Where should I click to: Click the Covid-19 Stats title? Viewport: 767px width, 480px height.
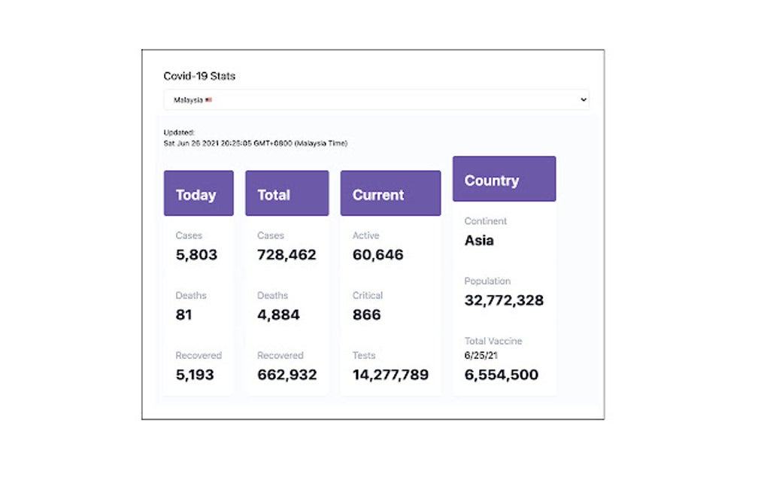point(199,76)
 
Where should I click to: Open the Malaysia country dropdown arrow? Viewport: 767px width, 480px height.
point(584,99)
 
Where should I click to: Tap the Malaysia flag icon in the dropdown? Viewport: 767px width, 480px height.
point(208,99)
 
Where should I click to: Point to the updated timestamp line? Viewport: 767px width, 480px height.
point(255,143)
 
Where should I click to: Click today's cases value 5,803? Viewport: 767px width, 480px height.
point(196,254)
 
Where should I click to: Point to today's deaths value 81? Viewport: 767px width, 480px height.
point(183,314)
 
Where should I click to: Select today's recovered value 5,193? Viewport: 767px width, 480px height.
point(195,375)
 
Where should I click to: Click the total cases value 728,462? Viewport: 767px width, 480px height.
point(286,254)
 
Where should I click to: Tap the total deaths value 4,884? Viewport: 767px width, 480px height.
point(278,314)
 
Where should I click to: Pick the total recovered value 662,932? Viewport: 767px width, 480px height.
point(286,375)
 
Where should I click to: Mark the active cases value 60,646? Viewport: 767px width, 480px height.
point(377,254)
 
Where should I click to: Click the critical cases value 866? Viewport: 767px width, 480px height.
point(366,314)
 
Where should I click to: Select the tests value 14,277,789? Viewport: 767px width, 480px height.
point(390,375)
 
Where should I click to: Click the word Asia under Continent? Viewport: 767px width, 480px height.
point(479,241)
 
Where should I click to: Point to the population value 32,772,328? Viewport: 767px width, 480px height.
point(504,300)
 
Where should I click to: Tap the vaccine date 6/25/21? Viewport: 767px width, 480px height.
point(481,356)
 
